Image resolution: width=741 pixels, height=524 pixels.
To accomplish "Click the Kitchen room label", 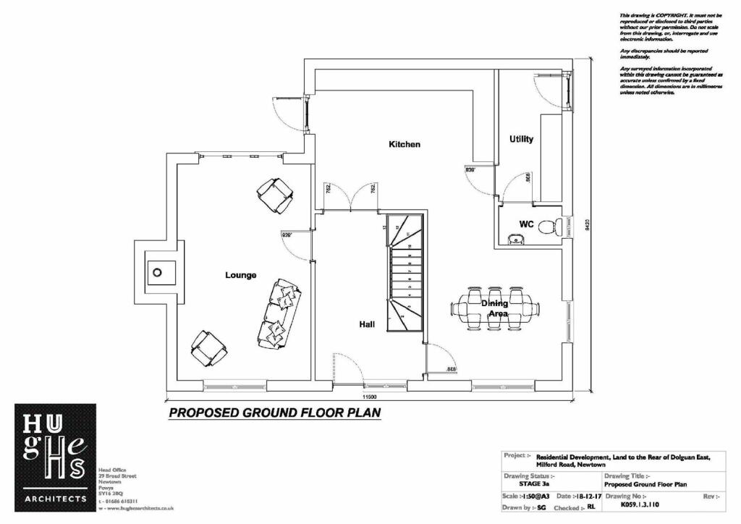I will pos(405,144).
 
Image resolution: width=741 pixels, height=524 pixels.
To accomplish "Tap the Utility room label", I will pos(521,139).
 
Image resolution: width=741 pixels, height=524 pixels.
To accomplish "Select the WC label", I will pos(526,225).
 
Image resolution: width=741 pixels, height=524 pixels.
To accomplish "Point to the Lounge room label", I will pos(240,275).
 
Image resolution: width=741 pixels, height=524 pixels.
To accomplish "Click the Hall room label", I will pos(367,325).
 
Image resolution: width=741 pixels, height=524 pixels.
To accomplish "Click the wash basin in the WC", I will pos(515,238).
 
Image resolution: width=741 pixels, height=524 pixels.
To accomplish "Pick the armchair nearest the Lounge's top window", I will pos(275,195).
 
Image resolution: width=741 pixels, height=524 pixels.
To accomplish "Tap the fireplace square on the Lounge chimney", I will pos(157,274).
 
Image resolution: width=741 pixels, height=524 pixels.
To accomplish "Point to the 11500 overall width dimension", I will pos(370,398).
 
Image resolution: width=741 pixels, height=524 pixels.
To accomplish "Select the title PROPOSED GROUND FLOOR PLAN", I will pos(274,413).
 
